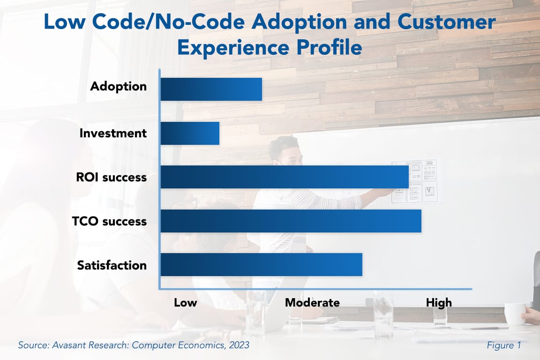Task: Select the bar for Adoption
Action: pyautogui.click(x=211, y=89)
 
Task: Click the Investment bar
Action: pyautogui.click(x=190, y=133)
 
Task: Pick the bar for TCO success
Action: pyautogui.click(x=291, y=221)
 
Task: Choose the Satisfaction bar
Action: pyautogui.click(x=261, y=265)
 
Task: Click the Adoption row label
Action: pyautogui.click(x=118, y=87)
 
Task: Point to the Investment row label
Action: pyautogui.click(x=113, y=133)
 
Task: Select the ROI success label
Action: pyautogui.click(x=111, y=178)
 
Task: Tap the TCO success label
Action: pyautogui.click(x=109, y=221)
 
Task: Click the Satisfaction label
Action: pyautogui.click(x=112, y=265)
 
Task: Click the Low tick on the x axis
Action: pyautogui.click(x=185, y=303)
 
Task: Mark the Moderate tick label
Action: pyautogui.click(x=312, y=303)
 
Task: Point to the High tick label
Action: pyautogui.click(x=439, y=303)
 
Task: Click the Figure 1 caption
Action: pyautogui.click(x=504, y=345)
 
